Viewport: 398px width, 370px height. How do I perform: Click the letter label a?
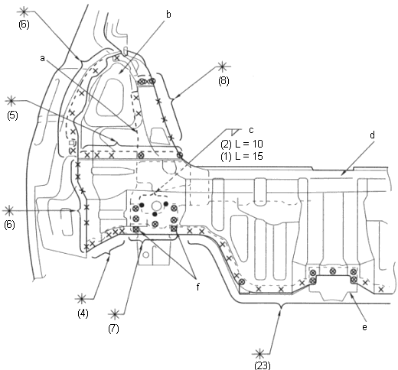click(42, 58)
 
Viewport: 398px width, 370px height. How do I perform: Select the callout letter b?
click(168, 15)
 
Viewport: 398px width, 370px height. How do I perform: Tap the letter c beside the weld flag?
click(251, 130)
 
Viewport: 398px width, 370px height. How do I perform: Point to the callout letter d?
click(372, 135)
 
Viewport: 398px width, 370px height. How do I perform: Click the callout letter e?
click(364, 327)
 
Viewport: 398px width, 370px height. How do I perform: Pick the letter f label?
click(198, 287)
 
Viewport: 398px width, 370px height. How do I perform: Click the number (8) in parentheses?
click(223, 81)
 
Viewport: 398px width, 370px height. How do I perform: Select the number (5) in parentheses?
click(12, 115)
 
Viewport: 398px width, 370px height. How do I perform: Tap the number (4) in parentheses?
click(83, 313)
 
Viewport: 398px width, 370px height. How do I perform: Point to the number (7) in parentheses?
click(113, 329)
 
